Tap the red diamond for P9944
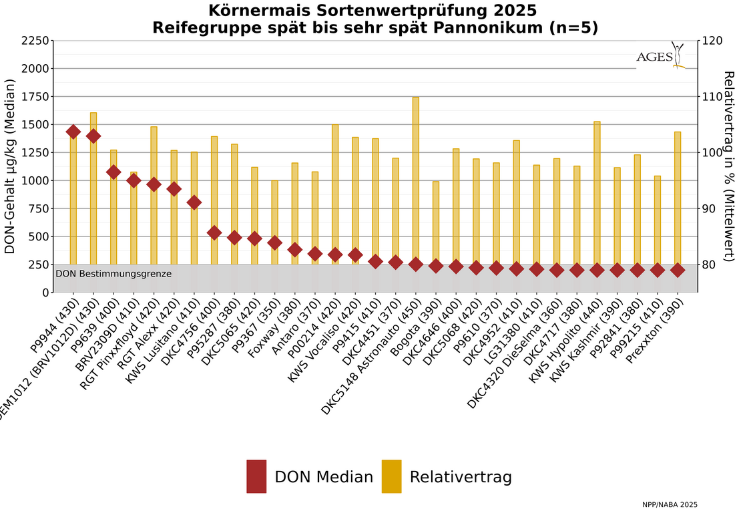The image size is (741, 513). click(x=73, y=132)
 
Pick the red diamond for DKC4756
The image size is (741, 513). click(x=214, y=232)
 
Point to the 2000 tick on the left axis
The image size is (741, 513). click(x=37, y=69)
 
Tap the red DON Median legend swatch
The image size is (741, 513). click(x=256, y=476)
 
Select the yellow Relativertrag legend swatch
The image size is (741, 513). click(x=391, y=476)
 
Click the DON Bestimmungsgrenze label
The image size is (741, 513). click(x=113, y=274)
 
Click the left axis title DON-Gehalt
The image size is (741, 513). click(x=10, y=166)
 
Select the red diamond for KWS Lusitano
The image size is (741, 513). click(x=194, y=202)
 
